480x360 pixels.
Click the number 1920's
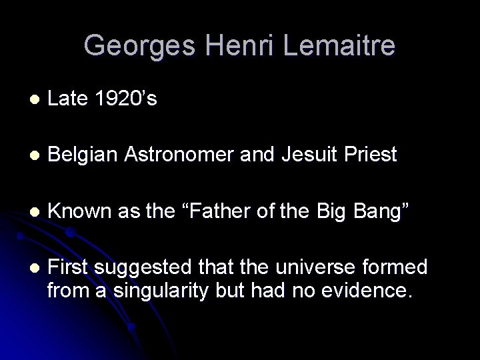click(x=125, y=99)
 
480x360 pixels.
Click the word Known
click(x=79, y=211)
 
